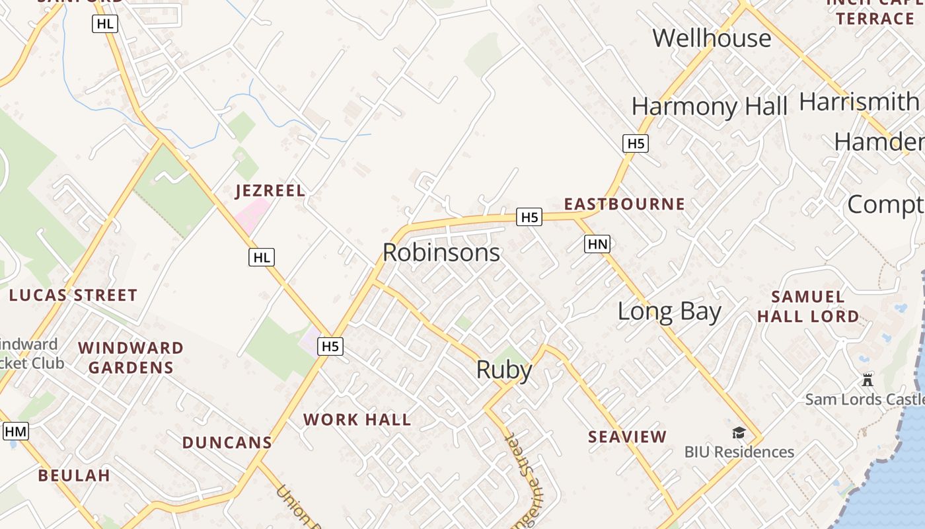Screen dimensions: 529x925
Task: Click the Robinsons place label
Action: [x=441, y=253]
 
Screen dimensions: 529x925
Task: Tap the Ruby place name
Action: [x=504, y=370]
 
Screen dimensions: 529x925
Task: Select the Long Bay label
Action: [x=669, y=311]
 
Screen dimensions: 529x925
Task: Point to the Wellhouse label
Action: [x=712, y=38]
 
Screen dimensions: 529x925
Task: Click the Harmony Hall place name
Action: [x=709, y=106]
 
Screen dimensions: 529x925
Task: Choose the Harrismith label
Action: [x=859, y=102]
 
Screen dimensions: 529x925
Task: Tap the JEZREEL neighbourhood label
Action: [x=270, y=191]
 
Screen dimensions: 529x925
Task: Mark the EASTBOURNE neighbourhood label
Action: [x=624, y=204]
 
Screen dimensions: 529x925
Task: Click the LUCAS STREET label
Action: [x=73, y=295]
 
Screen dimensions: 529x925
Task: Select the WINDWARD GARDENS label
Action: [x=131, y=358]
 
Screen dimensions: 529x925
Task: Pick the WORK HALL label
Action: [x=357, y=419]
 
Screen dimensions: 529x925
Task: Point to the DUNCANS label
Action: [x=227, y=442]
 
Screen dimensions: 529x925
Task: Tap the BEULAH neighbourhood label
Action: [x=74, y=475]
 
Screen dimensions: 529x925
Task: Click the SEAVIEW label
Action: [x=628, y=436]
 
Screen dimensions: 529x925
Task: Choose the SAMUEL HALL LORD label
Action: [x=808, y=306]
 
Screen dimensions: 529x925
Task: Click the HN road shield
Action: [x=597, y=245]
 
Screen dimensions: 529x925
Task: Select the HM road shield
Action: [x=16, y=432]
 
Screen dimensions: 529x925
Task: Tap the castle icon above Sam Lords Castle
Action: [x=868, y=380]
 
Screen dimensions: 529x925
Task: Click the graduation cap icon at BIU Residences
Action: [x=739, y=433]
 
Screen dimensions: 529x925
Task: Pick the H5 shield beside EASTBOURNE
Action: [x=531, y=217]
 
